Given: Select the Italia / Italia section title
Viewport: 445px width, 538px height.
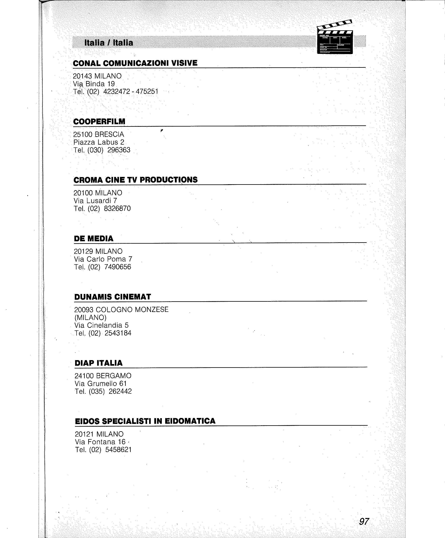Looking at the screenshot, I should [109, 43].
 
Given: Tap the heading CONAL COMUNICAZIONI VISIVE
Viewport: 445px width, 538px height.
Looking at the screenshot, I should [135, 63].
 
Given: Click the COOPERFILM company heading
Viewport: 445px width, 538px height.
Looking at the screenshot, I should [99, 121].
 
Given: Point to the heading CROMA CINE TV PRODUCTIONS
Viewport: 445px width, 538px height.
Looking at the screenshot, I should [135, 180].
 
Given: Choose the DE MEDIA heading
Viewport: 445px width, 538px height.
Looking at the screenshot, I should [94, 238].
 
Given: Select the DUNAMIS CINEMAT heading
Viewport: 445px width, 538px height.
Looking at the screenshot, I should [112, 297].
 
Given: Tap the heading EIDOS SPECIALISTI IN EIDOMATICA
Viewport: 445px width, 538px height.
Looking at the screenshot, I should [145, 421].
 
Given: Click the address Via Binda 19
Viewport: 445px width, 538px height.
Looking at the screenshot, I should [94, 84].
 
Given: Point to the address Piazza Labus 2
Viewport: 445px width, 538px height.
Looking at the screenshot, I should [99, 142].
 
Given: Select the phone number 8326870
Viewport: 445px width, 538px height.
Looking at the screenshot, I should [117, 208].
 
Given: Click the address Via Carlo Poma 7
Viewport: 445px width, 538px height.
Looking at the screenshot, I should [103, 259].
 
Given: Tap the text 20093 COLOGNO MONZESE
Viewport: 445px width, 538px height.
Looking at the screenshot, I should [121, 310].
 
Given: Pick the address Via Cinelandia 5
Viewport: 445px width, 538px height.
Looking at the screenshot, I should [102, 325].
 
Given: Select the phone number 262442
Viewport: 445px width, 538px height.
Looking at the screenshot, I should [120, 391].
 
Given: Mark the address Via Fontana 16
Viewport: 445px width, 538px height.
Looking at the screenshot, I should [100, 442].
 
